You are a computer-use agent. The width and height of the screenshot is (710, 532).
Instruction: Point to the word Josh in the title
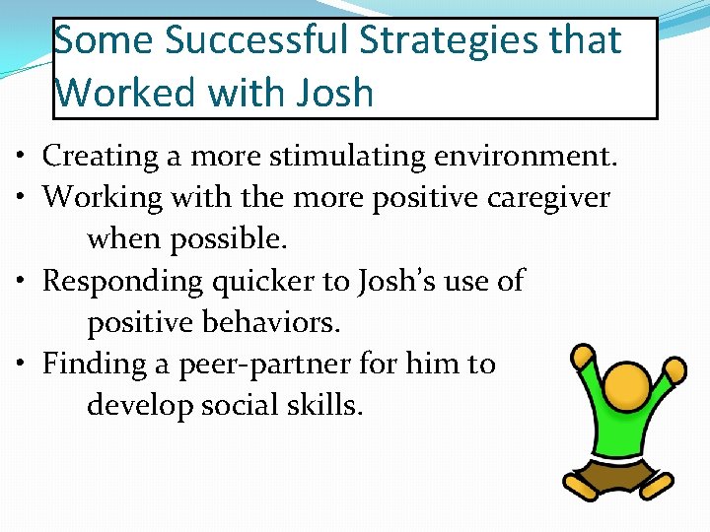click(x=332, y=93)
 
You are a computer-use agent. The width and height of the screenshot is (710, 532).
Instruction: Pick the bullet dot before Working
click(x=21, y=198)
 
